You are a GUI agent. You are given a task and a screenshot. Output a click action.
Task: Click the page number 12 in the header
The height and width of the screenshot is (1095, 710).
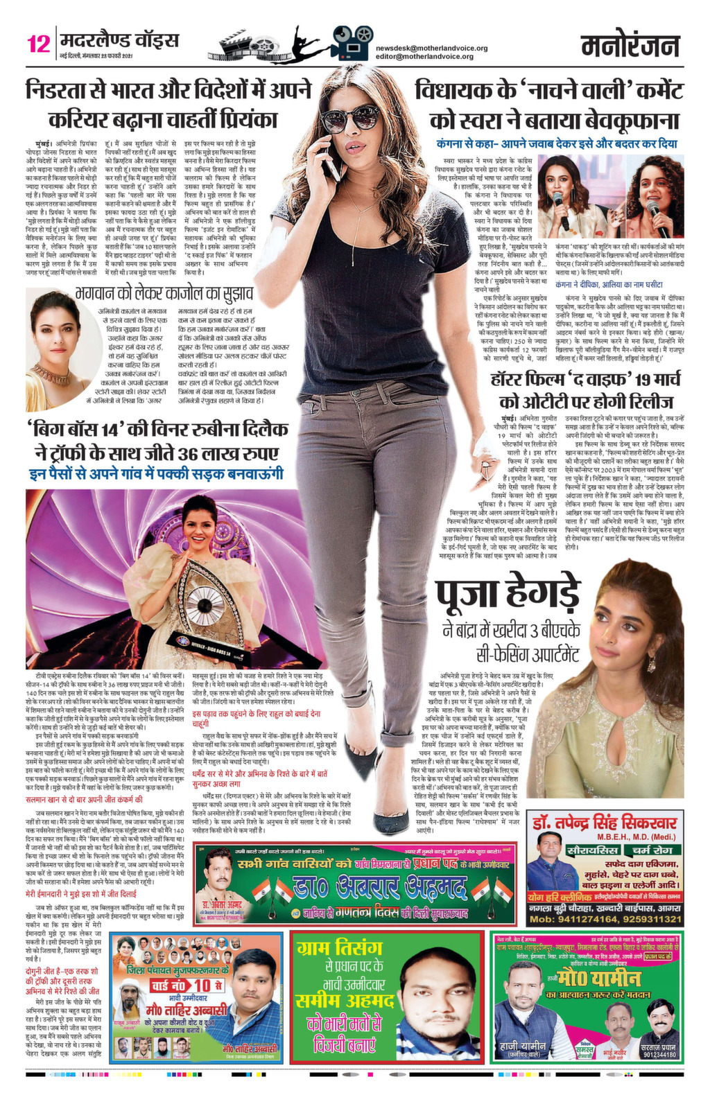coord(38,44)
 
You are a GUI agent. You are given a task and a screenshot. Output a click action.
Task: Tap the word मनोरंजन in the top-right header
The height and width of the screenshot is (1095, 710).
coord(630,46)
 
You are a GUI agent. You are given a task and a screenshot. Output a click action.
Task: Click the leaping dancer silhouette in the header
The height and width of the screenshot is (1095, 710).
coord(307,41)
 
